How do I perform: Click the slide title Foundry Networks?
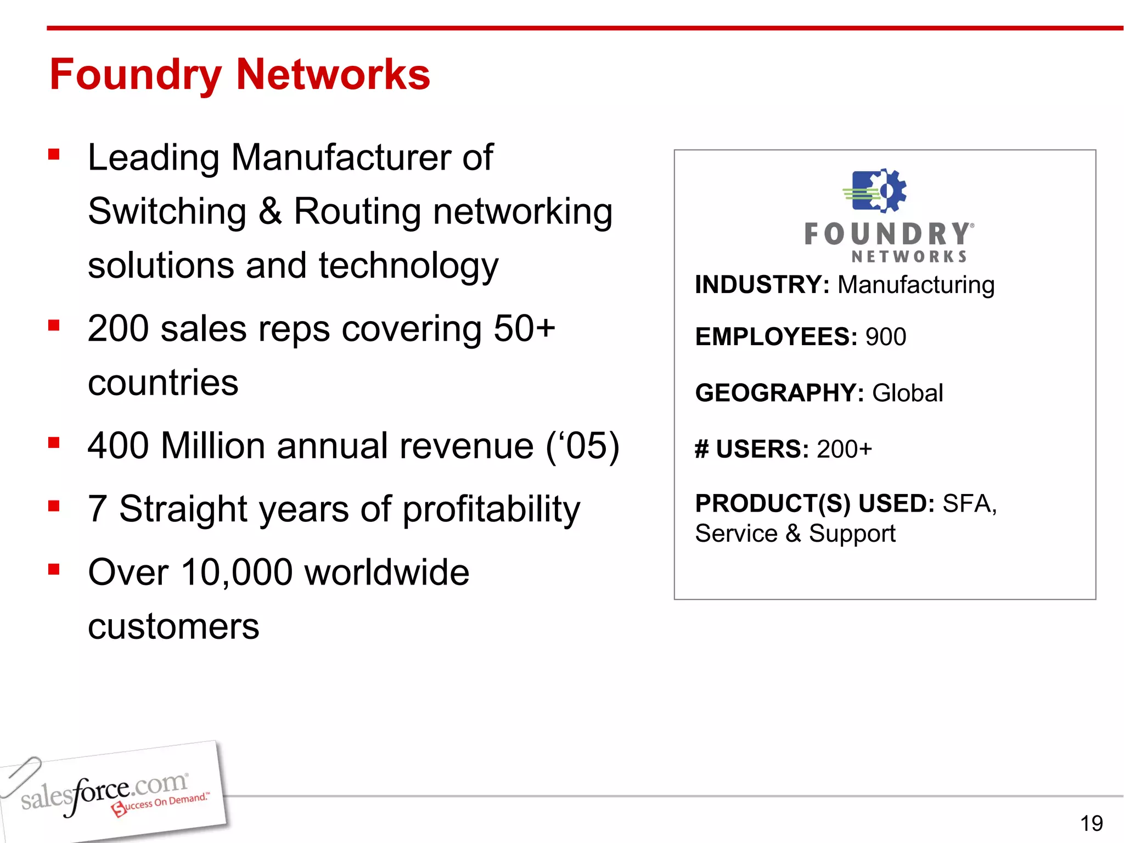pos(240,75)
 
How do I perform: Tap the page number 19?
pos(1091,823)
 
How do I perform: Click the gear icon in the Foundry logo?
pos(885,190)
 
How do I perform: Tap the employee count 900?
pos(885,336)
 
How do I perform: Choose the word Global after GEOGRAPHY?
pos(907,393)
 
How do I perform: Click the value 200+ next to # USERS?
pos(844,449)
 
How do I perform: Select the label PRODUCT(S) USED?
pos(814,503)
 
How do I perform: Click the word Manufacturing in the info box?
pos(916,285)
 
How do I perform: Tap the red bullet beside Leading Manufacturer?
pos(54,154)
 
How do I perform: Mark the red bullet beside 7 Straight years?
pos(54,505)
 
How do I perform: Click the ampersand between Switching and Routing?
pos(270,211)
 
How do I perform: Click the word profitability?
pos(491,509)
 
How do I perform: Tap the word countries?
pos(163,383)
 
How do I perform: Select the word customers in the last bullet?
pos(173,626)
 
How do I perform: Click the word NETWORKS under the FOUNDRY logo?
pos(909,256)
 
